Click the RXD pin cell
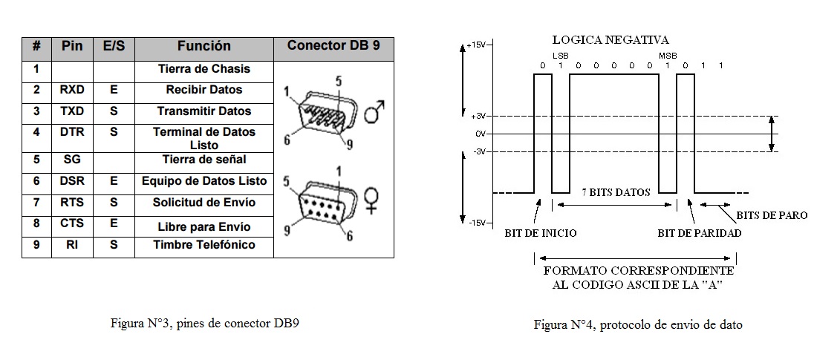(72, 90)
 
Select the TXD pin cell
(72, 111)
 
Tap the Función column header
(204, 45)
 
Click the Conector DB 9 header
(333, 45)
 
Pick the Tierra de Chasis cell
(204, 69)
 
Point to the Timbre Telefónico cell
(204, 245)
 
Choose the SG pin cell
(72, 160)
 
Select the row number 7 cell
(36, 203)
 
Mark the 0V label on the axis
(481, 134)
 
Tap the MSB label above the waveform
(668, 56)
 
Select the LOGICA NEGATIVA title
(610, 40)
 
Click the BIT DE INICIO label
(541, 233)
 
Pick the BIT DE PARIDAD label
(700, 233)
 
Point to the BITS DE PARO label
(772, 215)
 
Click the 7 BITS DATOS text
(616, 192)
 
